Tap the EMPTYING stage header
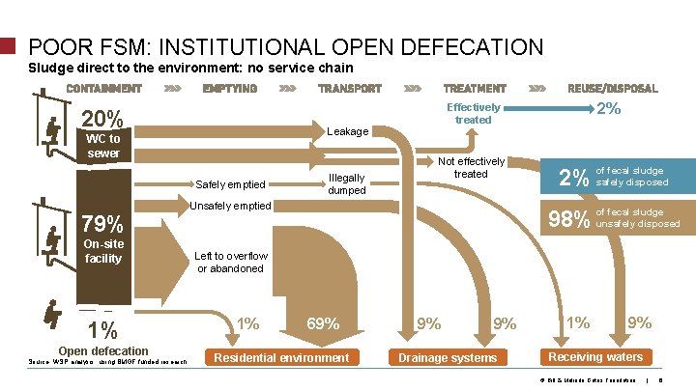tap(229, 88)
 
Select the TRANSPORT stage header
tap(349, 88)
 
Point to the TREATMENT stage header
tap(474, 88)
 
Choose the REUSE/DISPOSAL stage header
tap(613, 88)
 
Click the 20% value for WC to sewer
tap(101, 120)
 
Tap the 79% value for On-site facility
tap(101, 224)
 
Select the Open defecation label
tap(103, 350)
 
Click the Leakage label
tap(348, 130)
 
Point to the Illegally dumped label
tap(346, 184)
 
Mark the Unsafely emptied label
tap(230, 206)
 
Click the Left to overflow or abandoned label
tap(230, 262)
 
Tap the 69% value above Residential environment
tap(322, 324)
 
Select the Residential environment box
tap(281, 358)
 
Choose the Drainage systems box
tap(449, 358)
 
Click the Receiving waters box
tap(595, 357)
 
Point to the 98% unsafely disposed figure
tap(569, 219)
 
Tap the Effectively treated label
tap(473, 113)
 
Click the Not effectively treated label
tap(471, 167)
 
